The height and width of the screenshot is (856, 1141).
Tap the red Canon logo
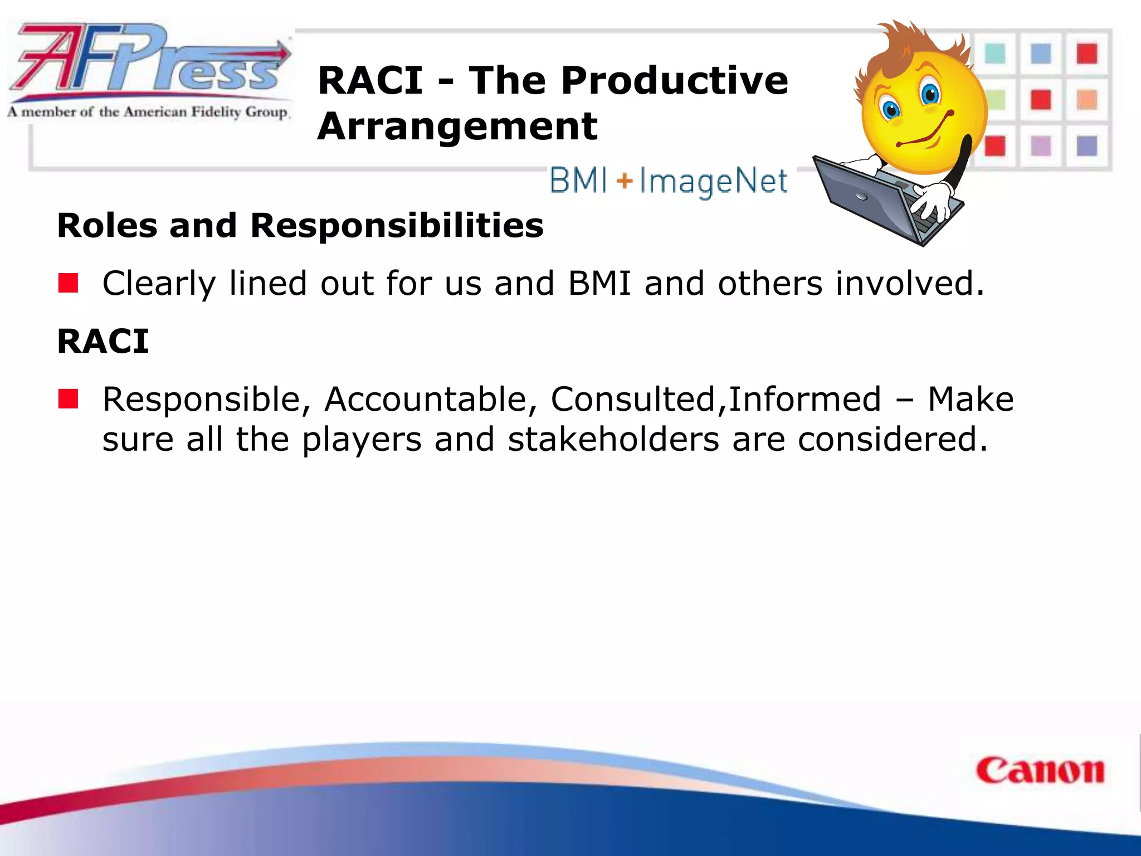(x=1040, y=771)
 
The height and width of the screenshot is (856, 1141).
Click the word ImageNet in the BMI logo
(x=713, y=181)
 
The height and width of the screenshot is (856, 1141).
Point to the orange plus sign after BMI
(x=625, y=181)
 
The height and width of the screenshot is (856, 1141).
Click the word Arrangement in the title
(x=457, y=127)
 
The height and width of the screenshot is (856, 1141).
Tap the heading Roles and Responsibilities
(x=300, y=226)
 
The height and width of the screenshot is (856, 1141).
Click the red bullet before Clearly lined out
(x=69, y=283)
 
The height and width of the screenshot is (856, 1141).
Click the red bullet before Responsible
(x=69, y=399)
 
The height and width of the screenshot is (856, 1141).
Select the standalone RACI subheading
(x=103, y=341)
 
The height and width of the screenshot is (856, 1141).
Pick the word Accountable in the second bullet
(x=425, y=400)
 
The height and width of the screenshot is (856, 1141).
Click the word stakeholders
(x=613, y=440)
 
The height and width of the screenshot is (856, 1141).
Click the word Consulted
(x=633, y=400)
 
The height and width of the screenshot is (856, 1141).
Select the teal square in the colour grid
(x=994, y=54)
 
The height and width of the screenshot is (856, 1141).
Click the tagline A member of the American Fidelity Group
(x=148, y=112)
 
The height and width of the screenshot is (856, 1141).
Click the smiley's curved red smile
(x=925, y=134)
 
